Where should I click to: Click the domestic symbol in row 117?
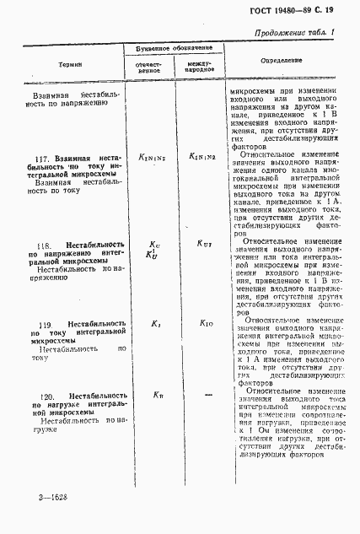pyautogui.click(x=154, y=157)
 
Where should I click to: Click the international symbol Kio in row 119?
pyautogui.click(x=207, y=324)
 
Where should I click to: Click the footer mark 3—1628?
pyautogui.click(x=52, y=499)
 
